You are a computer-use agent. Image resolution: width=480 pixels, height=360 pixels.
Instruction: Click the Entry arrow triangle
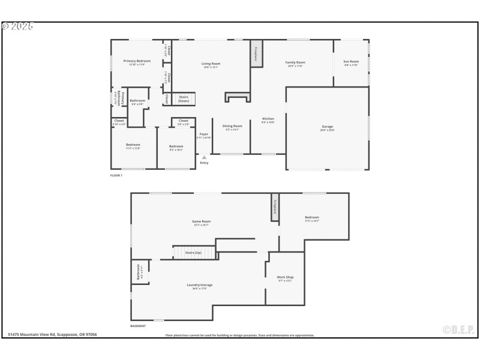click(204, 157)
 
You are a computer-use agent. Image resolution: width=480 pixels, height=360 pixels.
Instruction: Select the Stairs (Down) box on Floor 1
click(184, 99)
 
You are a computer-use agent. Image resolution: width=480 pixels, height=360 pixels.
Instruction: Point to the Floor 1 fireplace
click(256, 52)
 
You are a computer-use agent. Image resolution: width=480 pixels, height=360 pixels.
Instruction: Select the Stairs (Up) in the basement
click(193, 253)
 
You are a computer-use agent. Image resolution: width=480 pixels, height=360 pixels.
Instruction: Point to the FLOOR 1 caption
click(116, 176)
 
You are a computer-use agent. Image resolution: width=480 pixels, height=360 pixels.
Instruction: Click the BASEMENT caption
click(138, 326)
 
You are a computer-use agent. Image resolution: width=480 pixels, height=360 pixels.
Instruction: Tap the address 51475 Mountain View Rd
click(52, 335)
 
